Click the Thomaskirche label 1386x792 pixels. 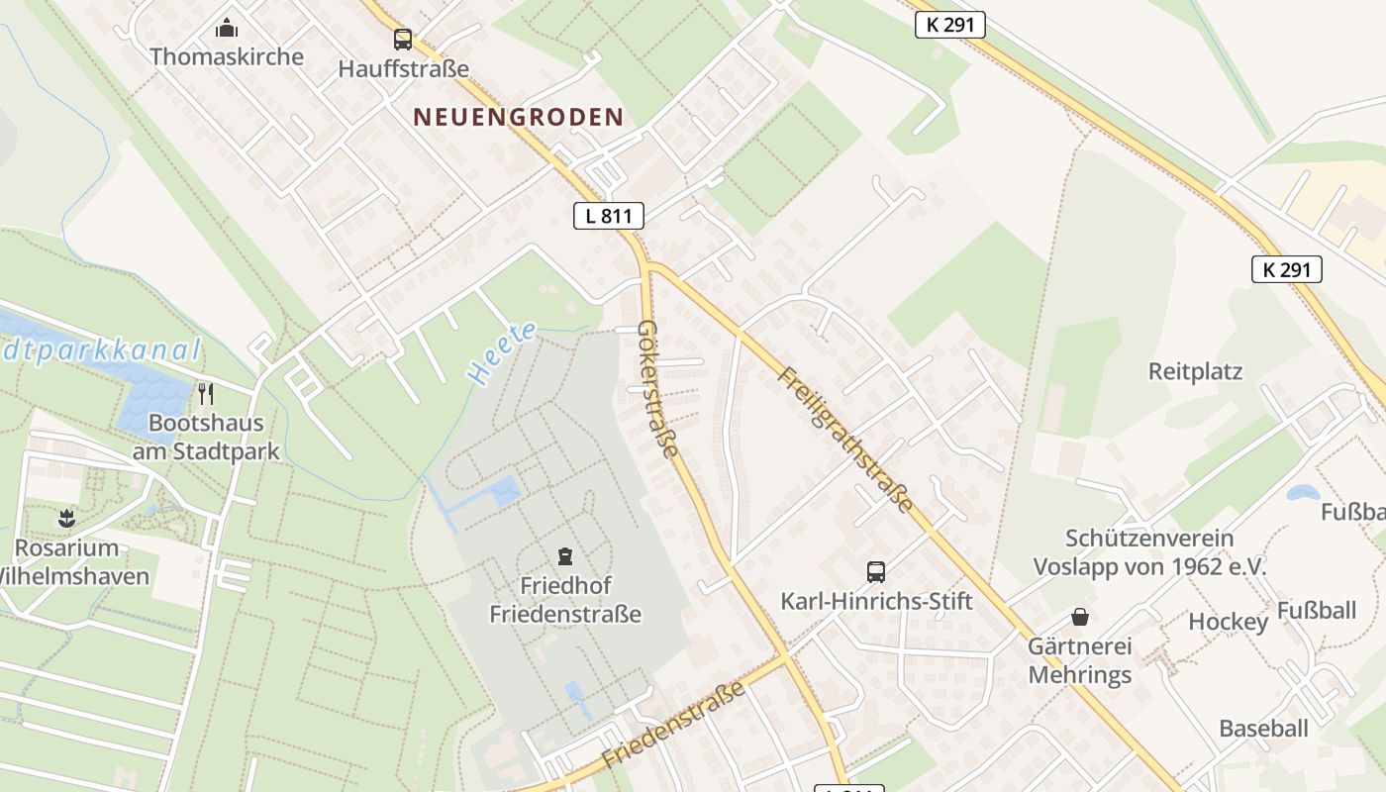[x=227, y=56]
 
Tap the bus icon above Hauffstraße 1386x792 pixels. [x=402, y=40]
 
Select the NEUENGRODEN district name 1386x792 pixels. [x=519, y=117]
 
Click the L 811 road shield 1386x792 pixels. [x=609, y=216]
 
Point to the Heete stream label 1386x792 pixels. [x=502, y=353]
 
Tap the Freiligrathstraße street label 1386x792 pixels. [x=845, y=440]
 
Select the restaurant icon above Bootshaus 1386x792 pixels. [x=206, y=394]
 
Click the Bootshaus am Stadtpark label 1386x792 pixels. [x=206, y=438]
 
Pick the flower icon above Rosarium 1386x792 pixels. [x=65, y=517]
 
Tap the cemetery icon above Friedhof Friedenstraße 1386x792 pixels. [x=564, y=555]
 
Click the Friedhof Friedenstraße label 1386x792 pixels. [x=565, y=600]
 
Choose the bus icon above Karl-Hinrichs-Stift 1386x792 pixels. [x=876, y=571]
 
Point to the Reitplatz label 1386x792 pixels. [x=1195, y=371]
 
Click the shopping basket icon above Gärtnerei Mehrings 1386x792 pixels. [x=1080, y=617]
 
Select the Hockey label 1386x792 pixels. [x=1228, y=622]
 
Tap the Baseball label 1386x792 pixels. [x=1263, y=729]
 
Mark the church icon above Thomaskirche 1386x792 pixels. [x=227, y=27]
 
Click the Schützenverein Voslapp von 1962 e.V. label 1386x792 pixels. [x=1149, y=552]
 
